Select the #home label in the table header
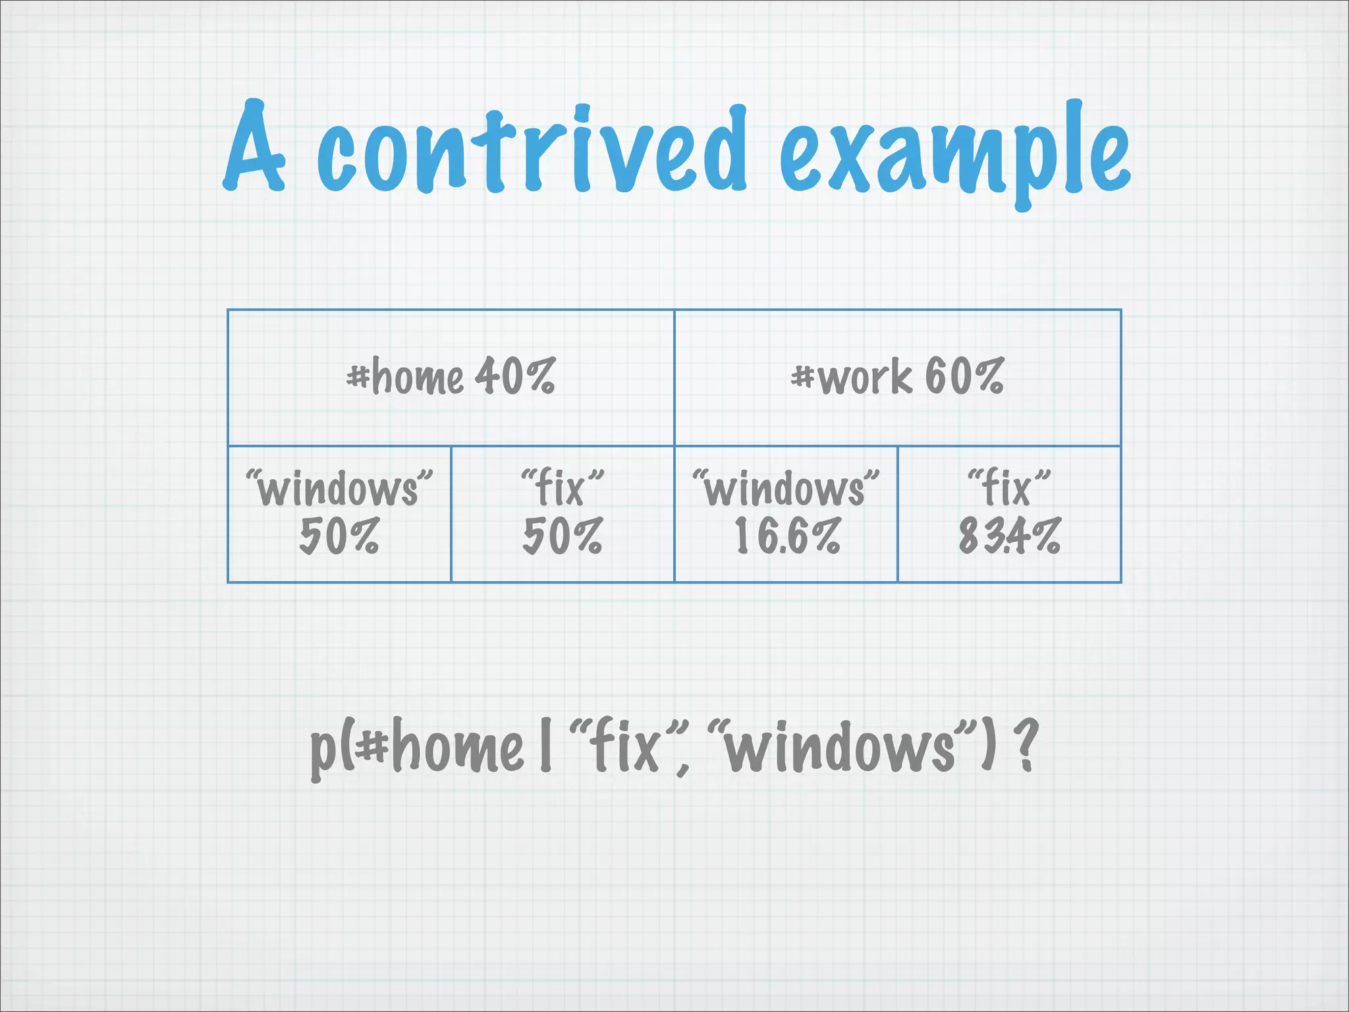pos(405,378)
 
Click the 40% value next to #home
pos(516,376)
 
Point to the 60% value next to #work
pos(964,376)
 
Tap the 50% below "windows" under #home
pos(339,536)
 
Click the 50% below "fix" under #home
pos(562,536)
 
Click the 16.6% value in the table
pos(787,536)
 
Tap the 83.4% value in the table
pos(1009,536)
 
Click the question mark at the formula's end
pos(1026,746)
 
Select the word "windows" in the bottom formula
pos(844,747)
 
